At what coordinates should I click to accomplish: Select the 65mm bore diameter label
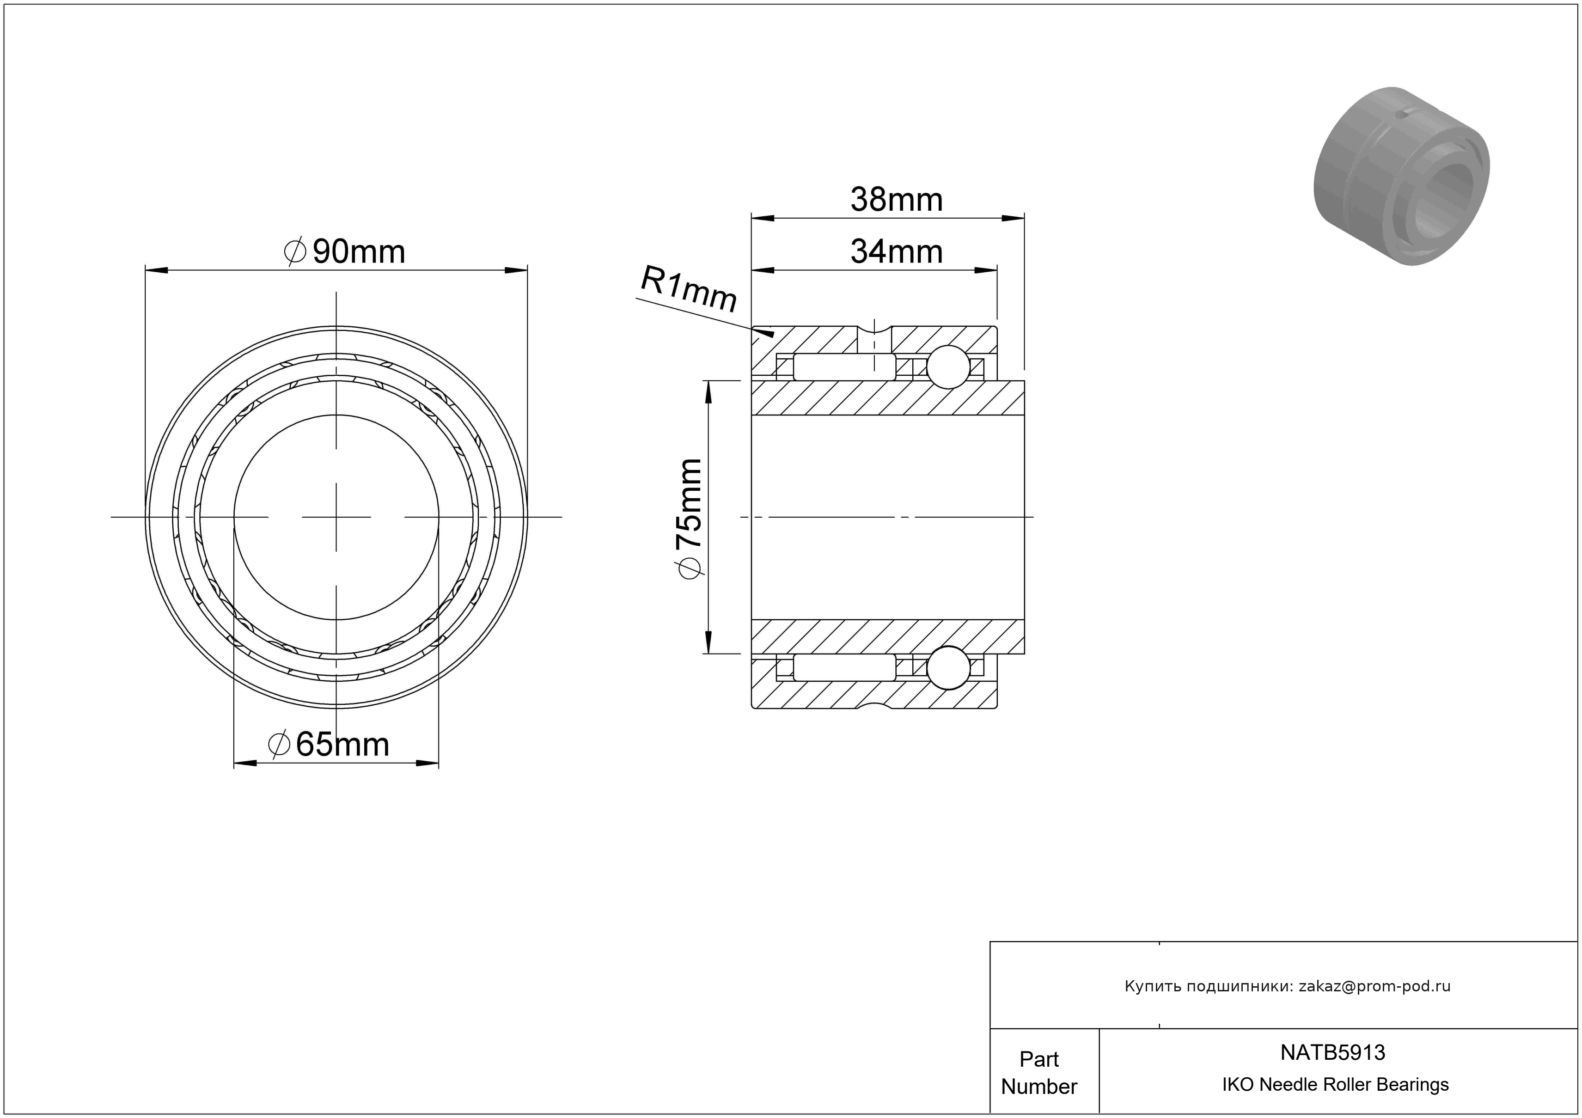pyautogui.click(x=329, y=745)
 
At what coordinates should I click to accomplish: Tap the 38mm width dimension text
pyautogui.click(x=897, y=200)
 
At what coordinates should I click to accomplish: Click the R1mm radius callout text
pyautogui.click(x=689, y=288)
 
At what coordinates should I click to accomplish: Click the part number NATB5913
pyautogui.click(x=1332, y=1052)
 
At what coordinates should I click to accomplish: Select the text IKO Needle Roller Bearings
pyautogui.click(x=1335, y=1085)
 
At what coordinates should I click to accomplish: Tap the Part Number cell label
pyautogui.click(x=1039, y=1073)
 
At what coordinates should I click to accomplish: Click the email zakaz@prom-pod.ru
pyautogui.click(x=1374, y=986)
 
